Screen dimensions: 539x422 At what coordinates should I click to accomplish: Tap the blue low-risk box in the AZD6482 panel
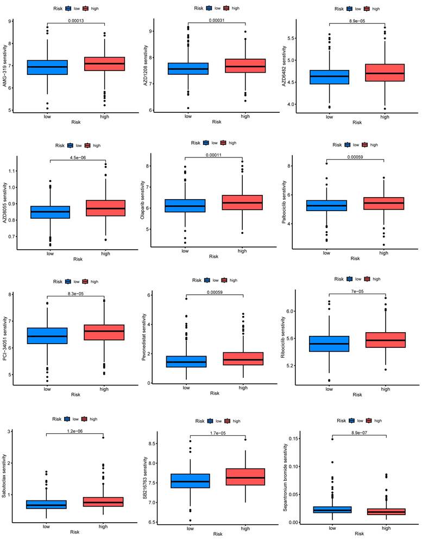click(x=329, y=77)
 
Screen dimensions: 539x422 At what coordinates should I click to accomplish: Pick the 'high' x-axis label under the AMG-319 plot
click(x=105, y=116)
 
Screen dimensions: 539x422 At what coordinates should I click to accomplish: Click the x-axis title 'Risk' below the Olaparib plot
click(x=214, y=256)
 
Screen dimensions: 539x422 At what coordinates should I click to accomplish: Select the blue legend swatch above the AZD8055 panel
click(x=70, y=145)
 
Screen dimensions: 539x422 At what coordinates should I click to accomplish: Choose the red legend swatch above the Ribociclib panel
click(x=367, y=278)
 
